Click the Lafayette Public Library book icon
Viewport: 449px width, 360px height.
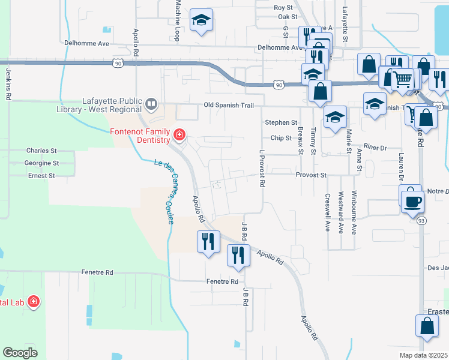[151, 106]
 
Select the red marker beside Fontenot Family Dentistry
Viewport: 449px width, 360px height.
[179, 133]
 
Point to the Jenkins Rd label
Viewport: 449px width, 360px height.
[8, 83]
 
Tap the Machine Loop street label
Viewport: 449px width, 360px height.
[178, 20]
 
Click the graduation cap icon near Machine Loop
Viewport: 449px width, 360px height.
[201, 21]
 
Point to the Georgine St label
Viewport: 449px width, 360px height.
[41, 163]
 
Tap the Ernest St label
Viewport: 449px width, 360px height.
[41, 176]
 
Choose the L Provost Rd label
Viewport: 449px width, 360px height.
[262, 169]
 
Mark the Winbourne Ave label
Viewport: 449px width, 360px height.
[354, 212]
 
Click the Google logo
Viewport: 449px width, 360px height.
[20, 353]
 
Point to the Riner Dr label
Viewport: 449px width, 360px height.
[375, 146]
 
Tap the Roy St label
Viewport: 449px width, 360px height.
[282, 8]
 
